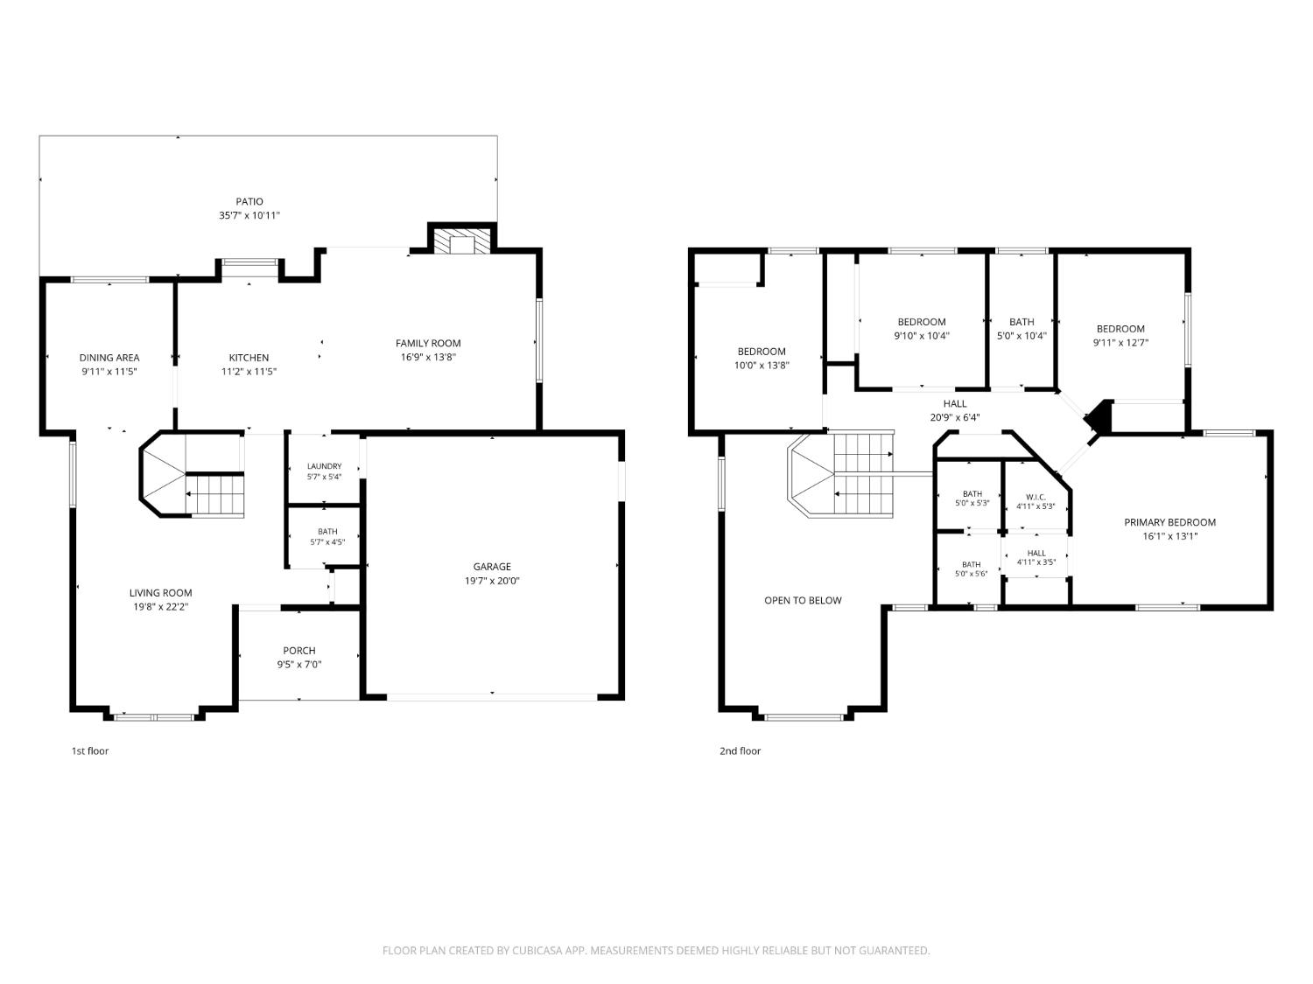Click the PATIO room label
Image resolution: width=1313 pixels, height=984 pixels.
pos(249,201)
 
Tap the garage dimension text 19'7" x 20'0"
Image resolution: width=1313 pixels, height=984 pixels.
pos(492,581)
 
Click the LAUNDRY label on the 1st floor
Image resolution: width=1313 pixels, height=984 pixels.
pos(324,466)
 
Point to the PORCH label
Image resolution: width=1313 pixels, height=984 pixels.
pos(299,651)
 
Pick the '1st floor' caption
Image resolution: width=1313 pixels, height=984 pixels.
pos(90,751)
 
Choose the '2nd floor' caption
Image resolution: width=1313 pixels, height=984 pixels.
pos(740,751)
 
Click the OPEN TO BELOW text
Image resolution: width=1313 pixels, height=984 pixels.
pos(803,600)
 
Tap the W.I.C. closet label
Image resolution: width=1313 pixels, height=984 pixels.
pos(1036,497)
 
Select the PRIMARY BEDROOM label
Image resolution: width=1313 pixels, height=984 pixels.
pos(1169,522)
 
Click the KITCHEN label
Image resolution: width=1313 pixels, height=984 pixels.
pos(249,357)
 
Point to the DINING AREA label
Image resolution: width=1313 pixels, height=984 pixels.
pos(109,357)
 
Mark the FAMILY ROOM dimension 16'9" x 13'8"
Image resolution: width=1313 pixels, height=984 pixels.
pos(428,357)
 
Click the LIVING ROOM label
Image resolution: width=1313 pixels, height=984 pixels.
pos(161,593)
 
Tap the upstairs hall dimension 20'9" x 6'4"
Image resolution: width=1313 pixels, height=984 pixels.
pos(955,417)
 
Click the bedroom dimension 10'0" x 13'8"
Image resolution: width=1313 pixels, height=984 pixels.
pos(762,365)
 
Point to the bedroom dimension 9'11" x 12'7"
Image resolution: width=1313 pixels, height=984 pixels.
pos(1120,342)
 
